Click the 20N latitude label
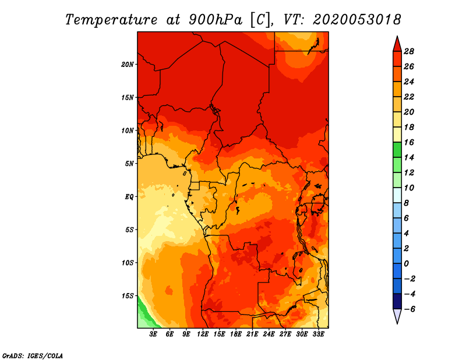pyautogui.click(x=128, y=65)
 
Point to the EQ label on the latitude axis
pyautogui.click(x=129, y=197)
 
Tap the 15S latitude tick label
pyautogui.click(x=128, y=296)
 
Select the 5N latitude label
pyautogui.click(x=129, y=164)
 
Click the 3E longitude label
pyautogui.click(x=153, y=334)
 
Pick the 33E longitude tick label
pyautogui.click(x=318, y=334)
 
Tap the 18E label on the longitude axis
pyautogui.click(x=236, y=334)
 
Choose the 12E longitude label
pyautogui.click(x=203, y=334)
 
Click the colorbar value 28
pyautogui.click(x=409, y=51)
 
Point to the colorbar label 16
pyautogui.click(x=409, y=142)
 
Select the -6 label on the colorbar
pyautogui.click(x=409, y=309)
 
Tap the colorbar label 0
pyautogui.click(x=406, y=264)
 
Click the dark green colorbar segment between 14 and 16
pyautogui.click(x=397, y=150)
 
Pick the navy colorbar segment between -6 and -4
pyautogui.click(x=397, y=301)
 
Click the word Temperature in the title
pyautogui.click(x=111, y=20)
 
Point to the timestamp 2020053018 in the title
pyautogui.click(x=357, y=20)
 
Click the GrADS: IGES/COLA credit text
pyautogui.click(x=33, y=356)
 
